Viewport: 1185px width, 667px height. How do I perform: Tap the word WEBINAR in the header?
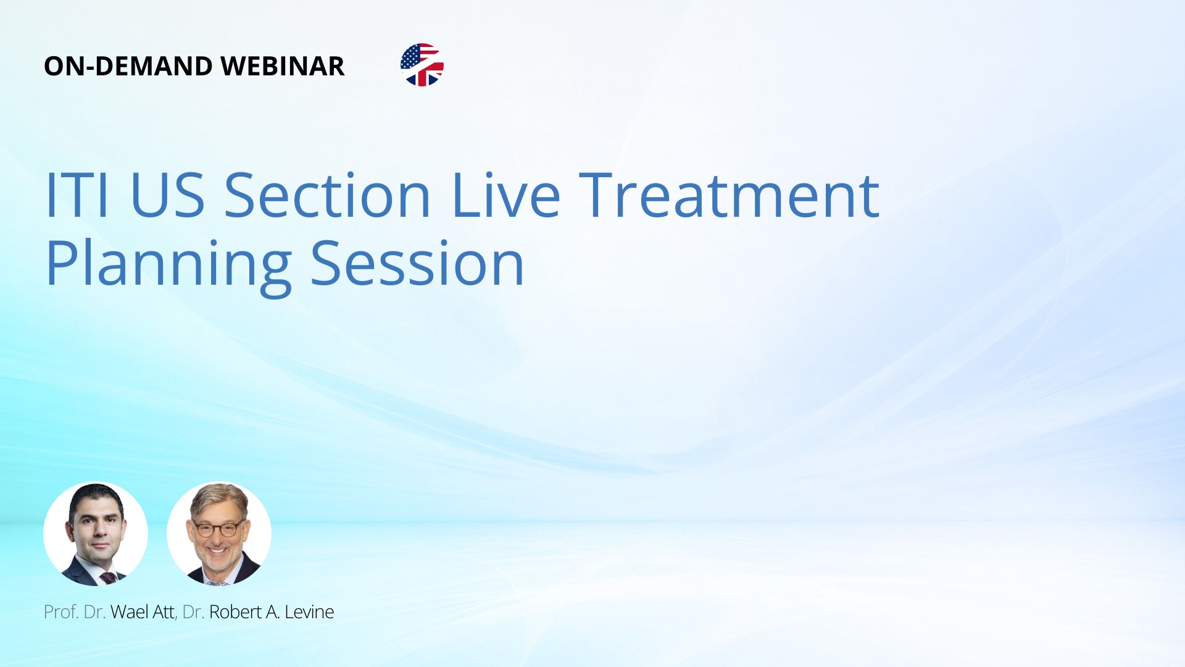coord(282,66)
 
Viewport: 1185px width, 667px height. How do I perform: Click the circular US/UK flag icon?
coord(422,65)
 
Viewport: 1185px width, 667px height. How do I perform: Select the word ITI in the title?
coord(77,195)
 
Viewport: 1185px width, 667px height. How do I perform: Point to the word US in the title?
coord(167,195)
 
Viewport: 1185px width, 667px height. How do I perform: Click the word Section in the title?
coord(327,195)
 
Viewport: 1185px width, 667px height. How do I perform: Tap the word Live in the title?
coord(505,195)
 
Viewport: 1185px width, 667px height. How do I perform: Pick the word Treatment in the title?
coord(729,195)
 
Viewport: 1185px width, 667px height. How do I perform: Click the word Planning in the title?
coord(168,266)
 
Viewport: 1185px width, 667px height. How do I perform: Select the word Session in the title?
coord(417,264)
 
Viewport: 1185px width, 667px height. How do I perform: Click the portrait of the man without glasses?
coord(96,534)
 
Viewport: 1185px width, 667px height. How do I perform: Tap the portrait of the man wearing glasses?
coord(219,534)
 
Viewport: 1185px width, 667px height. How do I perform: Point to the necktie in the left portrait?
coord(109,578)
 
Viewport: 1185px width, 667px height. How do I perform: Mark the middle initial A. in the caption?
coord(272,612)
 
